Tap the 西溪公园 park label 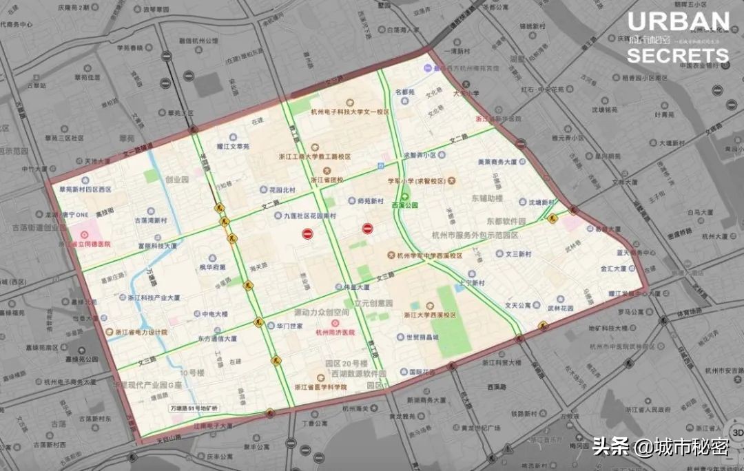(405, 205)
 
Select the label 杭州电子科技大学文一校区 (350, 111)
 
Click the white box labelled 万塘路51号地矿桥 (198, 408)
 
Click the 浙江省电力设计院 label (143, 332)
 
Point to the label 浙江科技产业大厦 (154, 297)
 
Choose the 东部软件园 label (506, 221)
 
